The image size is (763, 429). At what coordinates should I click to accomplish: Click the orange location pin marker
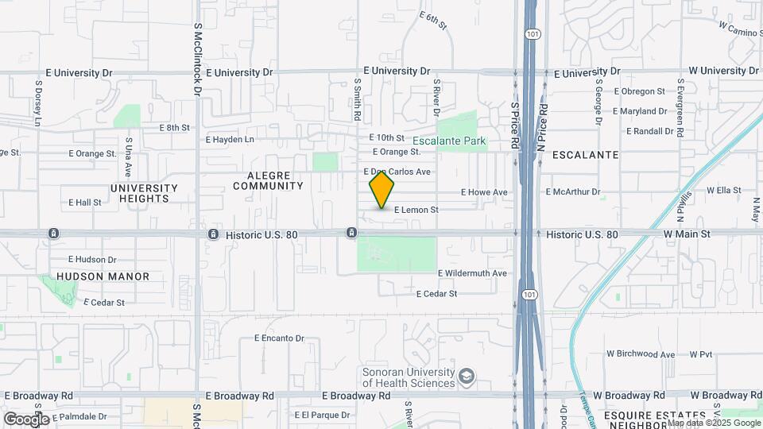point(381,190)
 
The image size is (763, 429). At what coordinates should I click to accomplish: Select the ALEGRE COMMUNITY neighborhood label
point(268,180)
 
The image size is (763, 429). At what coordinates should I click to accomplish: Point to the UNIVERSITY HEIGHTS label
point(144,193)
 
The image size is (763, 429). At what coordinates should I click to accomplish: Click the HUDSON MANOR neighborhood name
point(103,276)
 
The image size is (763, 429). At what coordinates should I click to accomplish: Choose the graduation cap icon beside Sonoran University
point(467,376)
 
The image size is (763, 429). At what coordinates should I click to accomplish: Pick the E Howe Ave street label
point(484,192)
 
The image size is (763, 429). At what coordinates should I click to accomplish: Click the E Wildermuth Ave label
point(472,273)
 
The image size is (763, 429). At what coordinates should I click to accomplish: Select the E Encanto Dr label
point(279,338)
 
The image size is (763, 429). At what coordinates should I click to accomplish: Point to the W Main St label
point(687,234)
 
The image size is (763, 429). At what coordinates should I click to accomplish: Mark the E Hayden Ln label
point(230,140)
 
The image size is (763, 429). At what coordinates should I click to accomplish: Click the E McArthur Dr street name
point(573,192)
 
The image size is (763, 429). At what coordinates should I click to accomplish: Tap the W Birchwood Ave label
point(640,354)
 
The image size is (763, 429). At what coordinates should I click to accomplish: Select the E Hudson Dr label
point(92,259)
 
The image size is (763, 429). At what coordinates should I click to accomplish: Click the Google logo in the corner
point(25,419)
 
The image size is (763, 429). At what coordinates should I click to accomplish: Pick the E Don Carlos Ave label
point(397,172)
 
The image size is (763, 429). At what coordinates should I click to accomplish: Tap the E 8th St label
point(175,127)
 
